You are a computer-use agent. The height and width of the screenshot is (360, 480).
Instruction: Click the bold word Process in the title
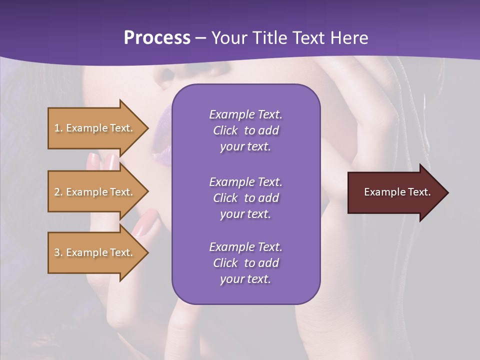[x=157, y=38]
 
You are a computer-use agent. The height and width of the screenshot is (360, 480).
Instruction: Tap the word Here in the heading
[x=349, y=38]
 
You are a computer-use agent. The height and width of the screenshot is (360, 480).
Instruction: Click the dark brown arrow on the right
[x=395, y=192]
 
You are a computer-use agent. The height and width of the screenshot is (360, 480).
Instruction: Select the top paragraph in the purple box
[x=245, y=130]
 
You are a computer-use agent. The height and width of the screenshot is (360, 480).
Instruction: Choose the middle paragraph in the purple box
[x=245, y=198]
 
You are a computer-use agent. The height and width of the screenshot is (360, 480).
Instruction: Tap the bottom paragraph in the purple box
[x=245, y=263]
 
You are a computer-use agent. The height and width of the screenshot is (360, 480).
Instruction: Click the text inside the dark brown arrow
[x=397, y=192]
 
